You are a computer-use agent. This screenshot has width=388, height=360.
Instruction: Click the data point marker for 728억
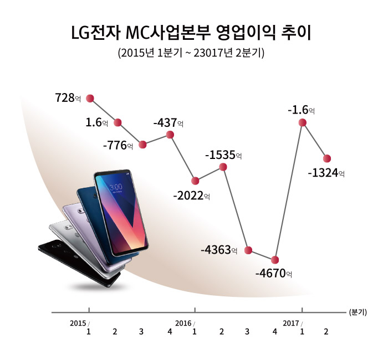(90, 98)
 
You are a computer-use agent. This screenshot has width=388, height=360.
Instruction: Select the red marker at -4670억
(275, 259)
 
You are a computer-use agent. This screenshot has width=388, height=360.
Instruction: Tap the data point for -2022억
(195, 181)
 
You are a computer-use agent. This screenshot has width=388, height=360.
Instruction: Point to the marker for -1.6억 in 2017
(303, 123)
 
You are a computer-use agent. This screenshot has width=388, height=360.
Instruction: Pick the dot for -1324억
(327, 158)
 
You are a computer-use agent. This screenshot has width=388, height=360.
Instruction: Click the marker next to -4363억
(249, 251)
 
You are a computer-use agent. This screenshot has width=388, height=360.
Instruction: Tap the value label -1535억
(223, 155)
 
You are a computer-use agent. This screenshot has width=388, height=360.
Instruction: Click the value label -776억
(118, 146)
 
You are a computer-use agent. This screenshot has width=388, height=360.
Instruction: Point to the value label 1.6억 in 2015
(96, 122)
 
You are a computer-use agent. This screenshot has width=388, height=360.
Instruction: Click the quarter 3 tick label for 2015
(141, 332)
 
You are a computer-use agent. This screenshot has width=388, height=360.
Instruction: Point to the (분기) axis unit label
(358, 312)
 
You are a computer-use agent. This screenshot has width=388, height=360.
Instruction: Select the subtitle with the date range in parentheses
(192, 54)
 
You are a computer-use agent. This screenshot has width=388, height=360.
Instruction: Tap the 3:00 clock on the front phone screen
(116, 187)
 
